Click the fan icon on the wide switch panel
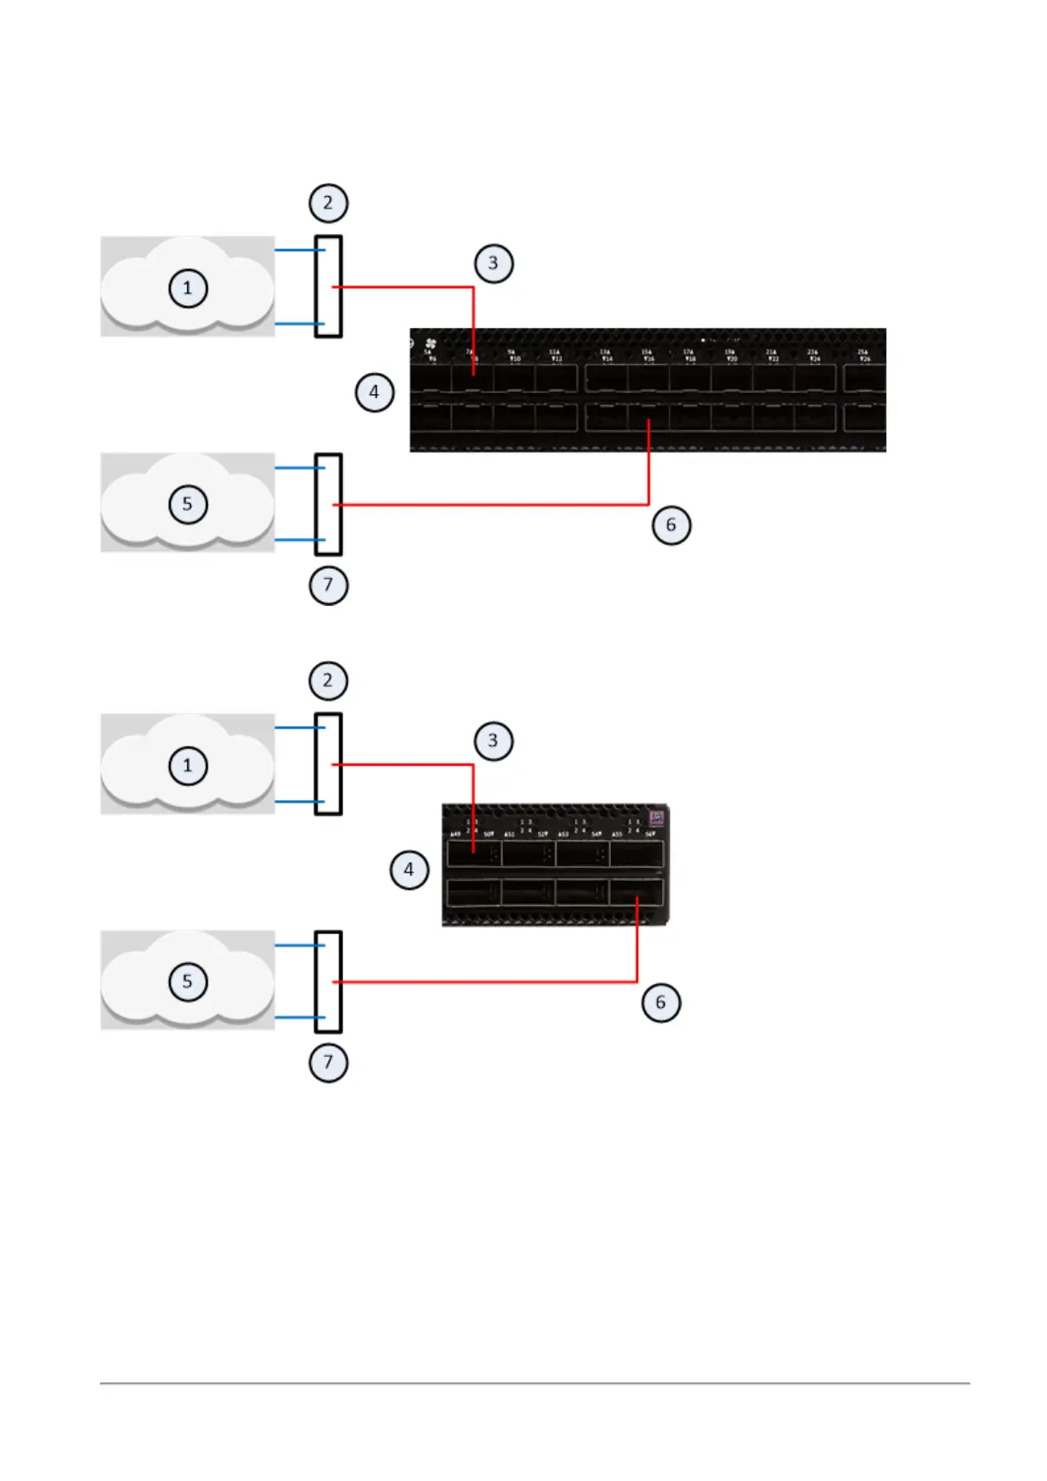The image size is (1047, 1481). pos(431,343)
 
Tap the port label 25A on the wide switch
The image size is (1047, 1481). pos(862,352)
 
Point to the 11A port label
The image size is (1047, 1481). pos(555,352)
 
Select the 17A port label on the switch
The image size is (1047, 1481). pos(688,352)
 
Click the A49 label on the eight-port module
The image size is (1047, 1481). pos(455,834)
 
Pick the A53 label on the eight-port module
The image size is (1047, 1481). pos(563,834)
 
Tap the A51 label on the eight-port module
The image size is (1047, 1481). pos(509,834)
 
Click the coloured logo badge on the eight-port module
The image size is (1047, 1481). pos(656,818)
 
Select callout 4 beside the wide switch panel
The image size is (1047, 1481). pos(374,392)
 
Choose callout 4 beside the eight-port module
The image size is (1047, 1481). pos(409,871)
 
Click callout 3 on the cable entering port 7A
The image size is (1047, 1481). pos(493,263)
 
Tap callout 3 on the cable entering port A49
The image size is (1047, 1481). pos(493,740)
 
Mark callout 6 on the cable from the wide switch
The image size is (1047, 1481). pos(671,525)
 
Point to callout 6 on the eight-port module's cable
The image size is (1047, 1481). pos(661,1003)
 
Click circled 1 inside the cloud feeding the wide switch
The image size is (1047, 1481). pos(187,288)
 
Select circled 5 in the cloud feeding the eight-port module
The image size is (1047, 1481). pos(187,981)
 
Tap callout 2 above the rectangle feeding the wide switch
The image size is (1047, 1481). pos(329,203)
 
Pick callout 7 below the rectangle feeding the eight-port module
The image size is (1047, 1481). pos(329,1062)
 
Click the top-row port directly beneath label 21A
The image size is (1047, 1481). pos(773,379)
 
